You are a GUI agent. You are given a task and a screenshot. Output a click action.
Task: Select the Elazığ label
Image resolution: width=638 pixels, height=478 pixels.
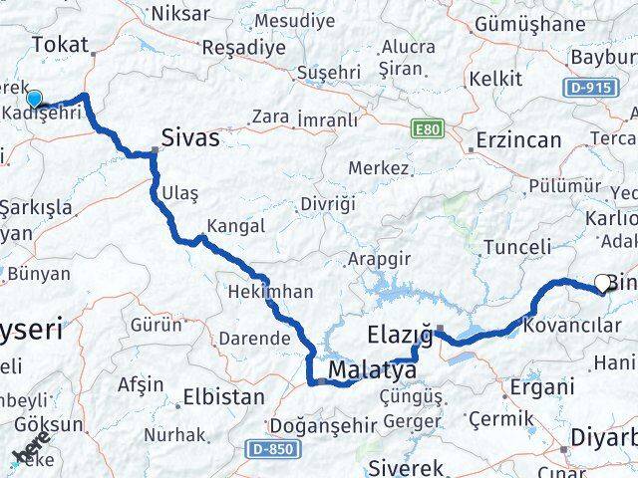pos(398,336)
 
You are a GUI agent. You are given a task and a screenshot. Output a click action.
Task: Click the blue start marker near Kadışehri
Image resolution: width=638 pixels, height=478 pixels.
pos(34,98)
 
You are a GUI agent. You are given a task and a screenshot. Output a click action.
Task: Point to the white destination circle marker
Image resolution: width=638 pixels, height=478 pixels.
pos(603,283)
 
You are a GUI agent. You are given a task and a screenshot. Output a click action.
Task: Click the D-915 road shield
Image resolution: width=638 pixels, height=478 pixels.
pos(591,89)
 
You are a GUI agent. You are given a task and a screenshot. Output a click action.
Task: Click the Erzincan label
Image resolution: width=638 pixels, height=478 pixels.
pos(518,140)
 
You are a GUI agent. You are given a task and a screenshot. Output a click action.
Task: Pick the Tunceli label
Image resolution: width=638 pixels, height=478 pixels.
pos(515,247)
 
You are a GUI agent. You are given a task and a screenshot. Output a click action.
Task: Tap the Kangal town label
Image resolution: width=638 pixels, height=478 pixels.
pos(236,226)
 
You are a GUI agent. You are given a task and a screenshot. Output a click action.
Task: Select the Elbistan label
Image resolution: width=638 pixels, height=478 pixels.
pos(223,397)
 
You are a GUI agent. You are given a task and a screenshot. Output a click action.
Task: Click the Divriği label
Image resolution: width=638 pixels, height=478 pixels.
pos(326,204)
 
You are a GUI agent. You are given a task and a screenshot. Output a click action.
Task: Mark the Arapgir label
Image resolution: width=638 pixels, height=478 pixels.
pos(379,259)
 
